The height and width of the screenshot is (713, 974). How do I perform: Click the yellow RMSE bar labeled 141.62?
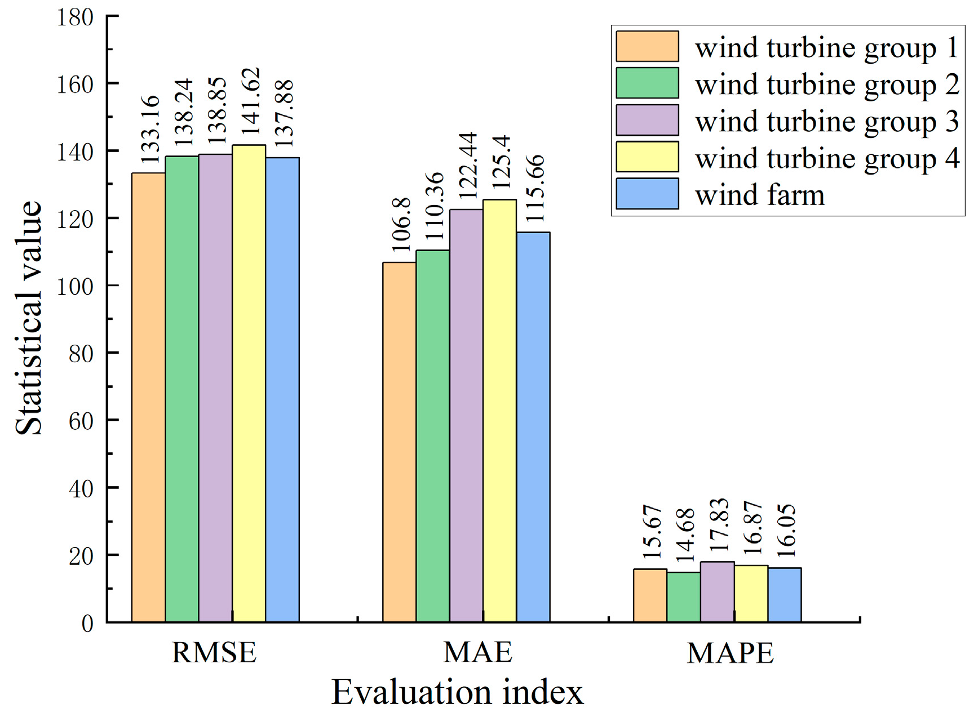pos(249,383)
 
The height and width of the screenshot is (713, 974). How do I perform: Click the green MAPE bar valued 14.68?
pos(684,597)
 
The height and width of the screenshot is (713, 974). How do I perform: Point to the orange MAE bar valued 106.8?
pos(399,442)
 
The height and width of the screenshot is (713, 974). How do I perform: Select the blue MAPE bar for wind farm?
pos(784,595)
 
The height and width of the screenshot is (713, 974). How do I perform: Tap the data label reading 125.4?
pos(501,162)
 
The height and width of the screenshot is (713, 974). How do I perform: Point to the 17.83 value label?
pos(719,525)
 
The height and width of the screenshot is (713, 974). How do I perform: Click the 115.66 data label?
pos(534,188)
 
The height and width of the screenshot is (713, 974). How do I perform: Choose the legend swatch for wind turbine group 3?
pos(647,120)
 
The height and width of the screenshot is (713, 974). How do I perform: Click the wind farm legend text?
pos(760,195)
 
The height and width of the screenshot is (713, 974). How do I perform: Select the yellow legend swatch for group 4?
pos(647,157)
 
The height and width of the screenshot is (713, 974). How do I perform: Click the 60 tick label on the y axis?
pos(81,421)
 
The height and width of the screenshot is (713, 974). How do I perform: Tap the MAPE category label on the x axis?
pos(730,653)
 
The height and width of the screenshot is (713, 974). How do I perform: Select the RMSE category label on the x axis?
pos(214,653)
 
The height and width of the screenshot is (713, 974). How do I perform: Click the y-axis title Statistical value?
pos(28,318)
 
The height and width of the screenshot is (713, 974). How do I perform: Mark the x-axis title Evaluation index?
pos(457,692)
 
